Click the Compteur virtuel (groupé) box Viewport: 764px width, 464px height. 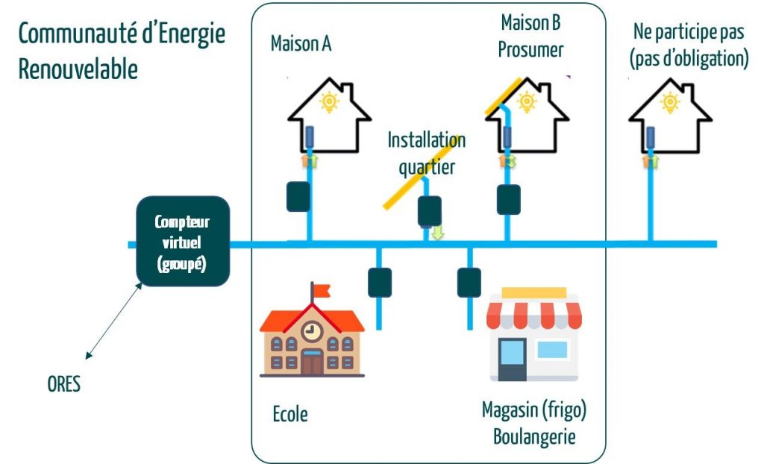[x=183, y=241]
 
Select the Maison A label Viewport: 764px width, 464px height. [x=301, y=44]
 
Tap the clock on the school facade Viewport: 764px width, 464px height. [x=311, y=328]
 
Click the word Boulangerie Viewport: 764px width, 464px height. [x=533, y=436]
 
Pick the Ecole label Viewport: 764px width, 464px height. [x=289, y=413]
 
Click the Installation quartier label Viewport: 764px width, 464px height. [x=426, y=153]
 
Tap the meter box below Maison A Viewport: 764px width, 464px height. [x=298, y=196]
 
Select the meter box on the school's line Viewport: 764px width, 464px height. [x=379, y=282]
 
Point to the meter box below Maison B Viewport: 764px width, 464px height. [x=509, y=198]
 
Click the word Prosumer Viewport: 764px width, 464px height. [x=530, y=50]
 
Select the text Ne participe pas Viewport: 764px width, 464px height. [x=689, y=32]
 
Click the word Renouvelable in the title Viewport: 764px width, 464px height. [x=78, y=69]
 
